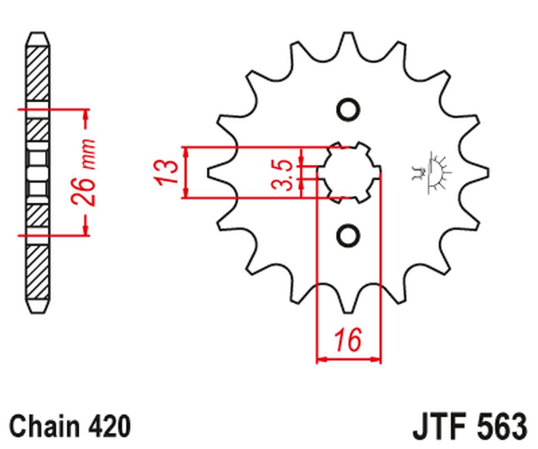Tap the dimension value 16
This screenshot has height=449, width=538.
point(349,341)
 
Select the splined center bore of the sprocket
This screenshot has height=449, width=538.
point(349,172)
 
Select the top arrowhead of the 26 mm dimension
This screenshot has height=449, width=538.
point(86,115)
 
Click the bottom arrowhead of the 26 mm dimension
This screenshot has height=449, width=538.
point(86,229)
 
